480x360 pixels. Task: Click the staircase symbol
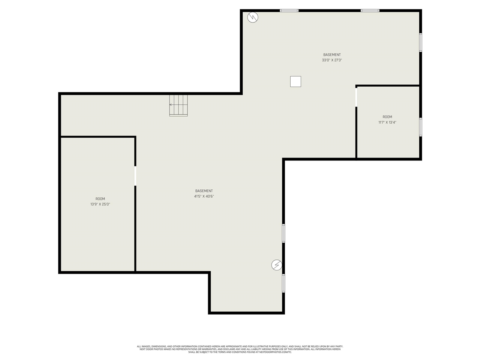click(x=178, y=105)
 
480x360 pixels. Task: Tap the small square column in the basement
click(x=295, y=81)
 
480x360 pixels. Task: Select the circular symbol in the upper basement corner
click(x=253, y=17)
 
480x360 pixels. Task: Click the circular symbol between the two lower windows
click(x=277, y=265)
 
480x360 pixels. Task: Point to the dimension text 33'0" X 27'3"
click(x=332, y=60)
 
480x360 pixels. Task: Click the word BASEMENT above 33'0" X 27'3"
click(x=332, y=55)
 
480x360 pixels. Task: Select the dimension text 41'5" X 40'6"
click(x=204, y=196)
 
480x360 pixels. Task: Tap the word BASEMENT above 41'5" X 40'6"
click(x=204, y=191)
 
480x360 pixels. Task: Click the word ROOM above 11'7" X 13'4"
click(x=387, y=117)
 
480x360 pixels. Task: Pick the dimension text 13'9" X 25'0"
click(x=100, y=204)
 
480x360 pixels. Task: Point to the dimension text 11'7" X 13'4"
click(x=387, y=122)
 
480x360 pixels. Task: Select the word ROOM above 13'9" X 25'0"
click(x=100, y=199)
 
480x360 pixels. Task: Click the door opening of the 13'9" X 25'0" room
click(x=135, y=175)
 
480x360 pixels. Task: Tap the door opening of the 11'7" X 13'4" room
click(x=356, y=97)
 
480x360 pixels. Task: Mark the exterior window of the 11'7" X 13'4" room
click(x=420, y=127)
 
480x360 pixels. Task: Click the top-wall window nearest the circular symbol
click(x=289, y=10)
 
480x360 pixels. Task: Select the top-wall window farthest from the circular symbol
click(x=370, y=10)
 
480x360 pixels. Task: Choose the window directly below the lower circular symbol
click(x=283, y=283)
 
